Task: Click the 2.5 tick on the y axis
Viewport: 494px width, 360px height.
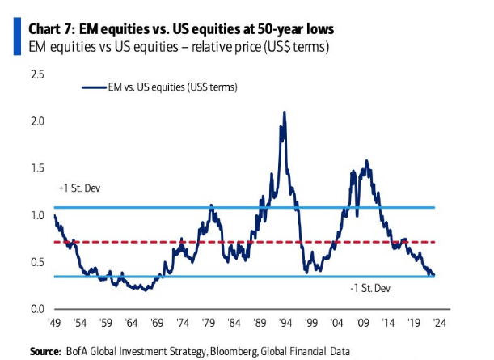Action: [36, 74]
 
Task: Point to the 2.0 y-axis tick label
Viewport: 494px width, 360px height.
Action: [36, 121]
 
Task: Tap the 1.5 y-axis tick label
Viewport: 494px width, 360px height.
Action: [36, 168]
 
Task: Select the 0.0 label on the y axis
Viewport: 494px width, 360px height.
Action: [36, 308]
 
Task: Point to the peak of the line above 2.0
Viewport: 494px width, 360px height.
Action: [284, 112]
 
